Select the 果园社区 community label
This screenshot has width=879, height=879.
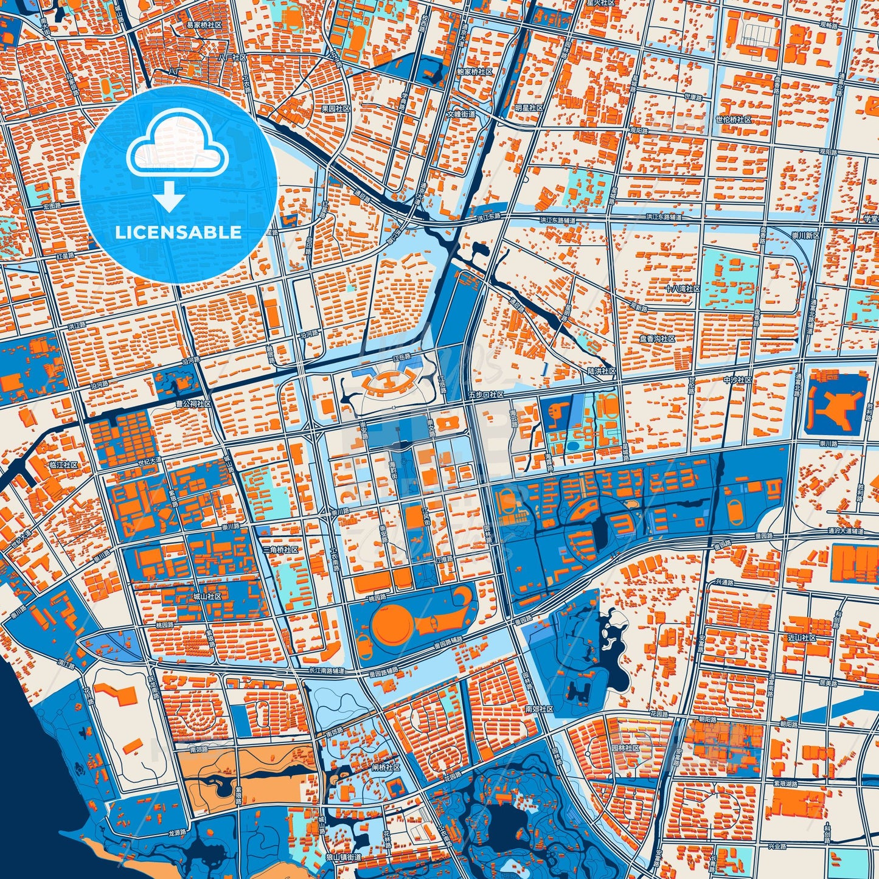click(336, 108)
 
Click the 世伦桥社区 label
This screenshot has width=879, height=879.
click(734, 120)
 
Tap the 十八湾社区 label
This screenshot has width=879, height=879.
click(683, 288)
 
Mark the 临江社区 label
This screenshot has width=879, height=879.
click(63, 465)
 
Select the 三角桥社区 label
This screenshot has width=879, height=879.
click(280, 549)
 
